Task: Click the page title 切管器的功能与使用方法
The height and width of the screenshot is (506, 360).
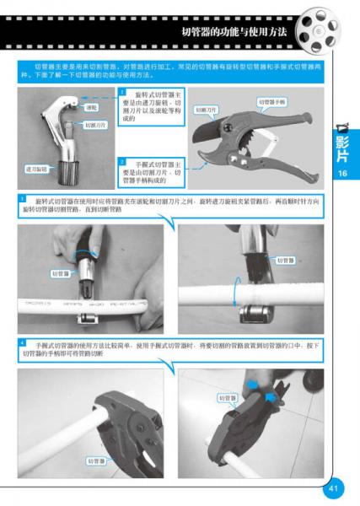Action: tap(234, 31)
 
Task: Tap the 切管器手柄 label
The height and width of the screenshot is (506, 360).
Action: tap(271, 102)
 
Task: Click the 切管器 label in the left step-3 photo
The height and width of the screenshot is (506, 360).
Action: tap(62, 273)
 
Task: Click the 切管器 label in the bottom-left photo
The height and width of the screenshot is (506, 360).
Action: tap(96, 460)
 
